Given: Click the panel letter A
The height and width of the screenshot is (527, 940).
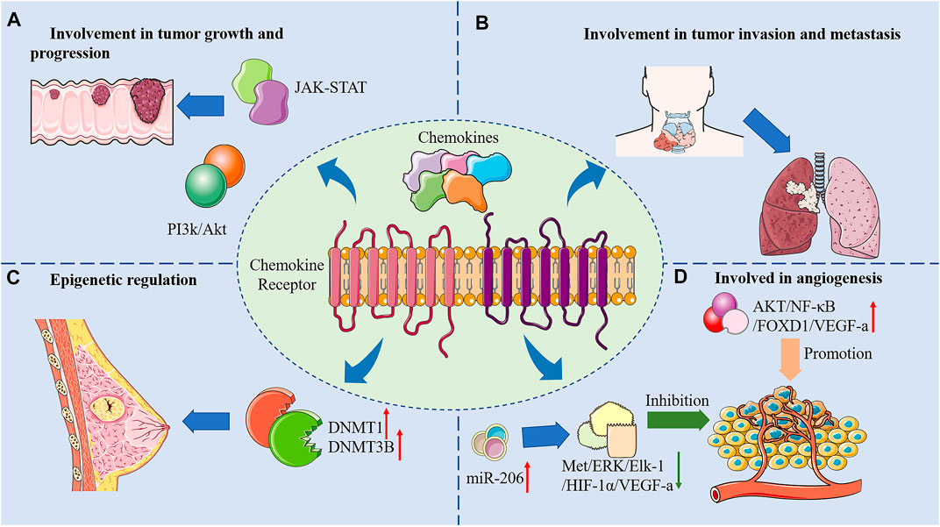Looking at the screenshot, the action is tap(14, 21).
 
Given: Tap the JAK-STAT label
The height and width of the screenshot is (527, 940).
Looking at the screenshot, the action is tap(330, 89).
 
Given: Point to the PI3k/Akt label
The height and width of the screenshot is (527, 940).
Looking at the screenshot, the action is tap(196, 229).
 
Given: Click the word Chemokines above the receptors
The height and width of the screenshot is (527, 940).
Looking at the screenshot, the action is tap(458, 138).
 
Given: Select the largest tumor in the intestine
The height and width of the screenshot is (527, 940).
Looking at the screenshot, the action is tap(151, 100).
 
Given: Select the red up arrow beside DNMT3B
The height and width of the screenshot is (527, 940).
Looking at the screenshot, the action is tap(400, 445).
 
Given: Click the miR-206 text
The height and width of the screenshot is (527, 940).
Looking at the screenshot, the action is tap(494, 479).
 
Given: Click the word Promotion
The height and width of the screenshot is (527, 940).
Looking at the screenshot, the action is tap(837, 353).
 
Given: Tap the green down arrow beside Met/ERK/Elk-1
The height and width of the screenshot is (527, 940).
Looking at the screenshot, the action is tap(679, 471).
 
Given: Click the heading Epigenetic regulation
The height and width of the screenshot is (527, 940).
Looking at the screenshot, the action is tap(124, 280).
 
